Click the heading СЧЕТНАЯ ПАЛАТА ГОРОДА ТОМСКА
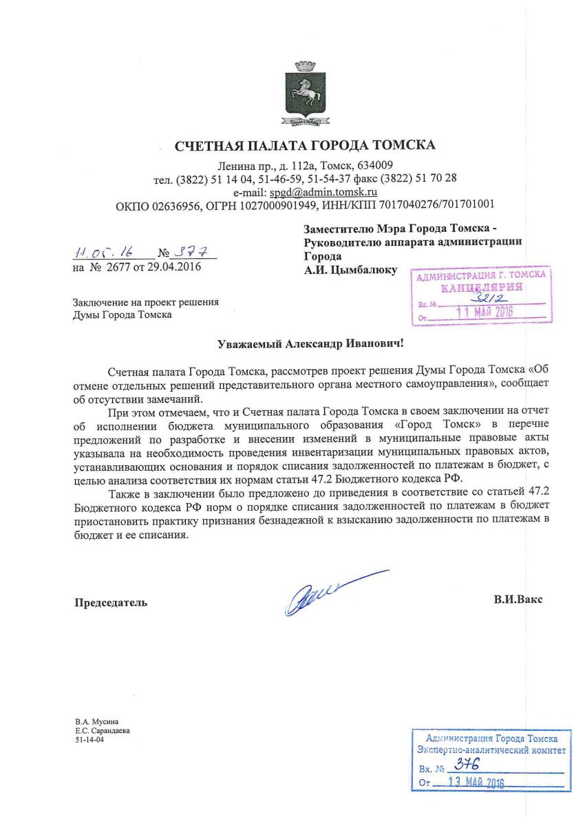tap(306, 146)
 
